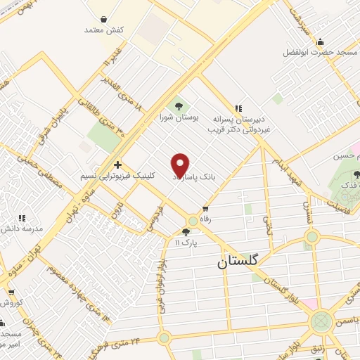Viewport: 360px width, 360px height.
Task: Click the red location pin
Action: pyautogui.click(x=181, y=165)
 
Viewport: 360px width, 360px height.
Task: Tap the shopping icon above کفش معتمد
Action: pyautogui.click(x=104, y=20)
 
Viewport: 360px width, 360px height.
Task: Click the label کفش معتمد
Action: pyautogui.click(x=103, y=30)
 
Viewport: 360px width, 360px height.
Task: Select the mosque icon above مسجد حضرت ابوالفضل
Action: pyautogui.click(x=321, y=41)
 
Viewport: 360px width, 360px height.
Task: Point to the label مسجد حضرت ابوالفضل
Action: pyautogui.click(x=320, y=53)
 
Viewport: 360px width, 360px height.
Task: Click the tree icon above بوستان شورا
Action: pyautogui.click(x=177, y=105)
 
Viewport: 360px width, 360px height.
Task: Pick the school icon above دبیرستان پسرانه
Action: pyautogui.click(x=238, y=108)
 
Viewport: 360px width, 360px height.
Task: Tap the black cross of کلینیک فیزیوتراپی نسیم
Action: pyautogui.click(x=117, y=164)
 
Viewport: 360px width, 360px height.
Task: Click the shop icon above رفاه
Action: pyautogui.click(x=205, y=208)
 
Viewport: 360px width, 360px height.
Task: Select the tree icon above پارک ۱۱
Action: pyautogui.click(x=186, y=231)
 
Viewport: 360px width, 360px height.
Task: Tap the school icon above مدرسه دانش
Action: pyautogui.click(x=22, y=218)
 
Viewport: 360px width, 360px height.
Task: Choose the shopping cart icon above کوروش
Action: pyautogui.click(x=10, y=292)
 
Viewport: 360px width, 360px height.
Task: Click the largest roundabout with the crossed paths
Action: pyautogui.click(x=321, y=323)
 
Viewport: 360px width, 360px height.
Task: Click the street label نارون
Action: pyautogui.click(x=119, y=210)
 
